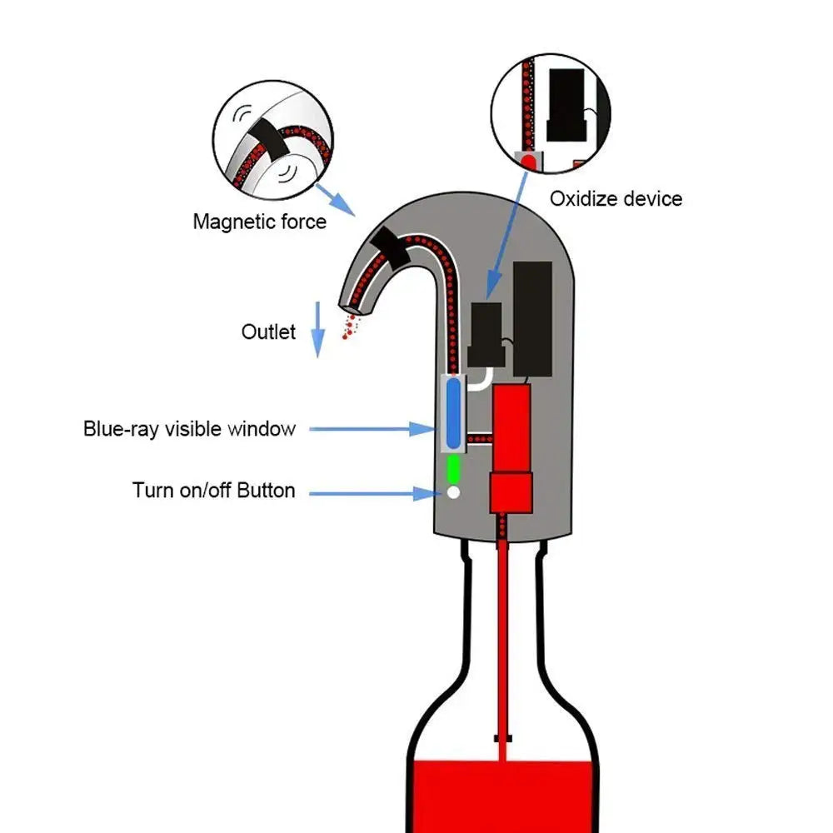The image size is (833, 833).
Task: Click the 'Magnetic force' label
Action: coord(259,222)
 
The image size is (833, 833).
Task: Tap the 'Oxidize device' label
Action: coord(616,199)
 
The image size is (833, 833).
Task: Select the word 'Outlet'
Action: coord(268,332)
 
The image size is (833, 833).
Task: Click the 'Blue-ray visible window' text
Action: coord(189,429)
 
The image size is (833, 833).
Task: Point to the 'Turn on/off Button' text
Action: coord(213,490)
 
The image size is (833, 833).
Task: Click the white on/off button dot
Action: coord(453,492)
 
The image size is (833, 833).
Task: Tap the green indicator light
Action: coord(453,468)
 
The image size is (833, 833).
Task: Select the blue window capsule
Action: coord(453,413)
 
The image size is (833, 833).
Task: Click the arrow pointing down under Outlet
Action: coord(317,333)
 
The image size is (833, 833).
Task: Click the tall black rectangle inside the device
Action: coord(532,318)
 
